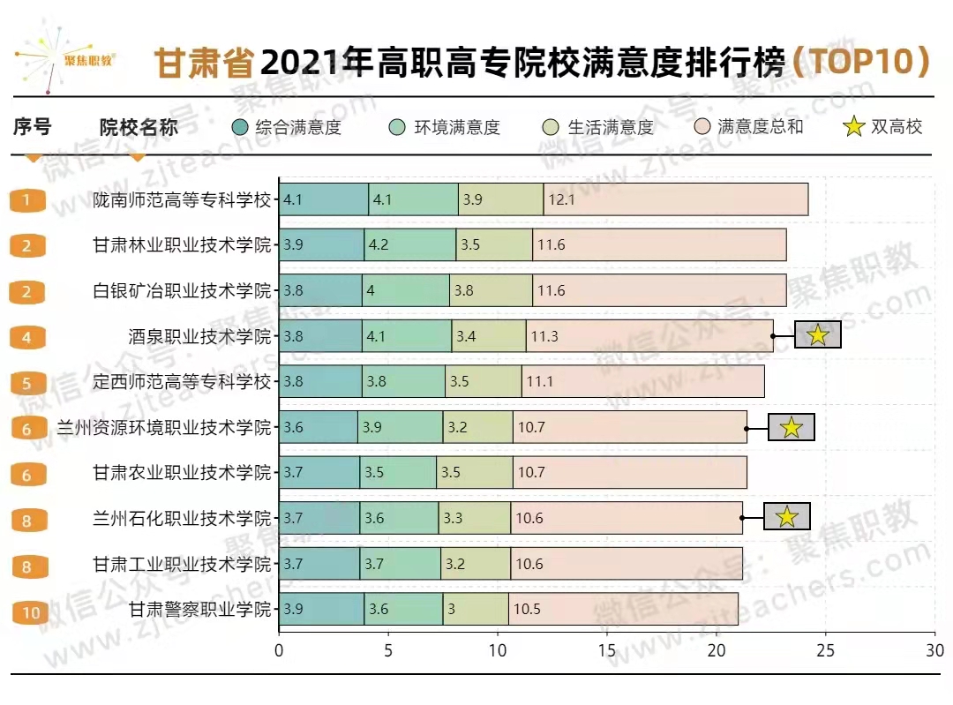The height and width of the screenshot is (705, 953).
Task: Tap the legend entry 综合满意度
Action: pyautogui.click(x=287, y=127)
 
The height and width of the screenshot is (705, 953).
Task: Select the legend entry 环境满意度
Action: pyautogui.click(x=446, y=127)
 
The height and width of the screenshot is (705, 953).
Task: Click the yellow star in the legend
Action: pyautogui.click(x=854, y=127)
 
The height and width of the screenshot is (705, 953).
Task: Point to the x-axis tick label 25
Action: pyautogui.click(x=825, y=651)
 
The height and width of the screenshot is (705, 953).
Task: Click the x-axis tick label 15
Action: pyautogui.click(x=606, y=651)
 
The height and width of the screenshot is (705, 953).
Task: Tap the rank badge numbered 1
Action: pyautogui.click(x=27, y=200)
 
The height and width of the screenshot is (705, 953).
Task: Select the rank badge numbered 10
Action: pyautogui.click(x=31, y=612)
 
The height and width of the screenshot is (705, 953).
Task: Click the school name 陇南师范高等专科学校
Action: pyautogui.click(x=183, y=199)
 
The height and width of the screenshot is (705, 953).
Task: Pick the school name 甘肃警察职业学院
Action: pyautogui.click(x=200, y=609)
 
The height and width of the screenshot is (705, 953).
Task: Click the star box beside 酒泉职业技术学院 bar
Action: pyautogui.click(x=817, y=335)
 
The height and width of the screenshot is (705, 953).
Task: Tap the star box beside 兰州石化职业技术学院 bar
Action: pyautogui.click(x=786, y=517)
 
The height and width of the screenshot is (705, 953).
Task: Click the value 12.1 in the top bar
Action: pyautogui.click(x=561, y=199)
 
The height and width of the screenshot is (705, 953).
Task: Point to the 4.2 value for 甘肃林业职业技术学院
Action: pyautogui.click(x=380, y=245)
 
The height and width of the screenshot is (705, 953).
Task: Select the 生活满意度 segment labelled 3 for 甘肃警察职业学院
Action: pyautogui.click(x=476, y=609)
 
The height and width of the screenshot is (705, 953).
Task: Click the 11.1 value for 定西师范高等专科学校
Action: pyautogui.click(x=538, y=382)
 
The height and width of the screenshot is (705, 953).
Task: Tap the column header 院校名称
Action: pyautogui.click(x=139, y=127)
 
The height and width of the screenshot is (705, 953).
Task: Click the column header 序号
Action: pyautogui.click(x=33, y=127)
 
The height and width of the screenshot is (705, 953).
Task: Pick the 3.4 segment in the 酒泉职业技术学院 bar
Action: pyautogui.click(x=488, y=336)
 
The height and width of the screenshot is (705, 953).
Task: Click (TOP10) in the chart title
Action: pyautogui.click(x=860, y=62)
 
